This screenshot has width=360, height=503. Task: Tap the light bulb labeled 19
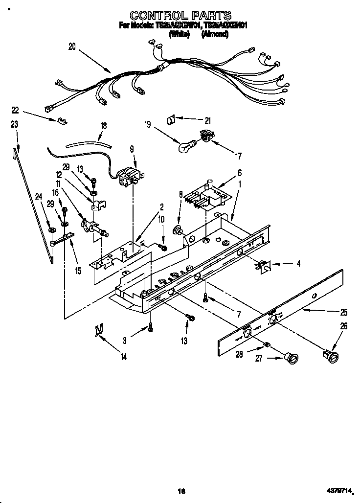(187, 145)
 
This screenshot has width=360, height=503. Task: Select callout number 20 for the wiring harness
(72, 47)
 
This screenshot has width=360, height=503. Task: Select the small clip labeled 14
(99, 331)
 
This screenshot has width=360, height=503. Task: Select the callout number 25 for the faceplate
(344, 312)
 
